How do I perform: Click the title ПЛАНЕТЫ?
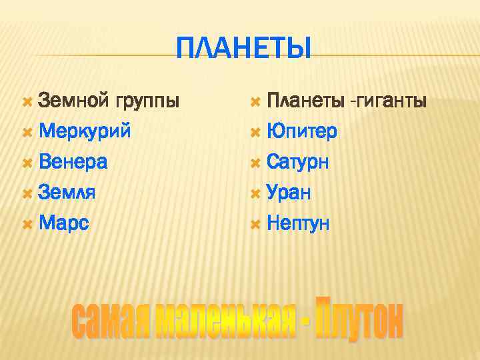click(x=244, y=48)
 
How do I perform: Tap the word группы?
click(x=147, y=102)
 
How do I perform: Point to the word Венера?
click(x=73, y=161)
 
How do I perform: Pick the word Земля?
click(x=67, y=192)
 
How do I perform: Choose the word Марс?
click(x=64, y=223)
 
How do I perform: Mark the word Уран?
click(x=289, y=193)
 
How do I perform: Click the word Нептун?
click(x=298, y=223)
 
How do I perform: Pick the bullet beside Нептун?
click(x=255, y=223)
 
